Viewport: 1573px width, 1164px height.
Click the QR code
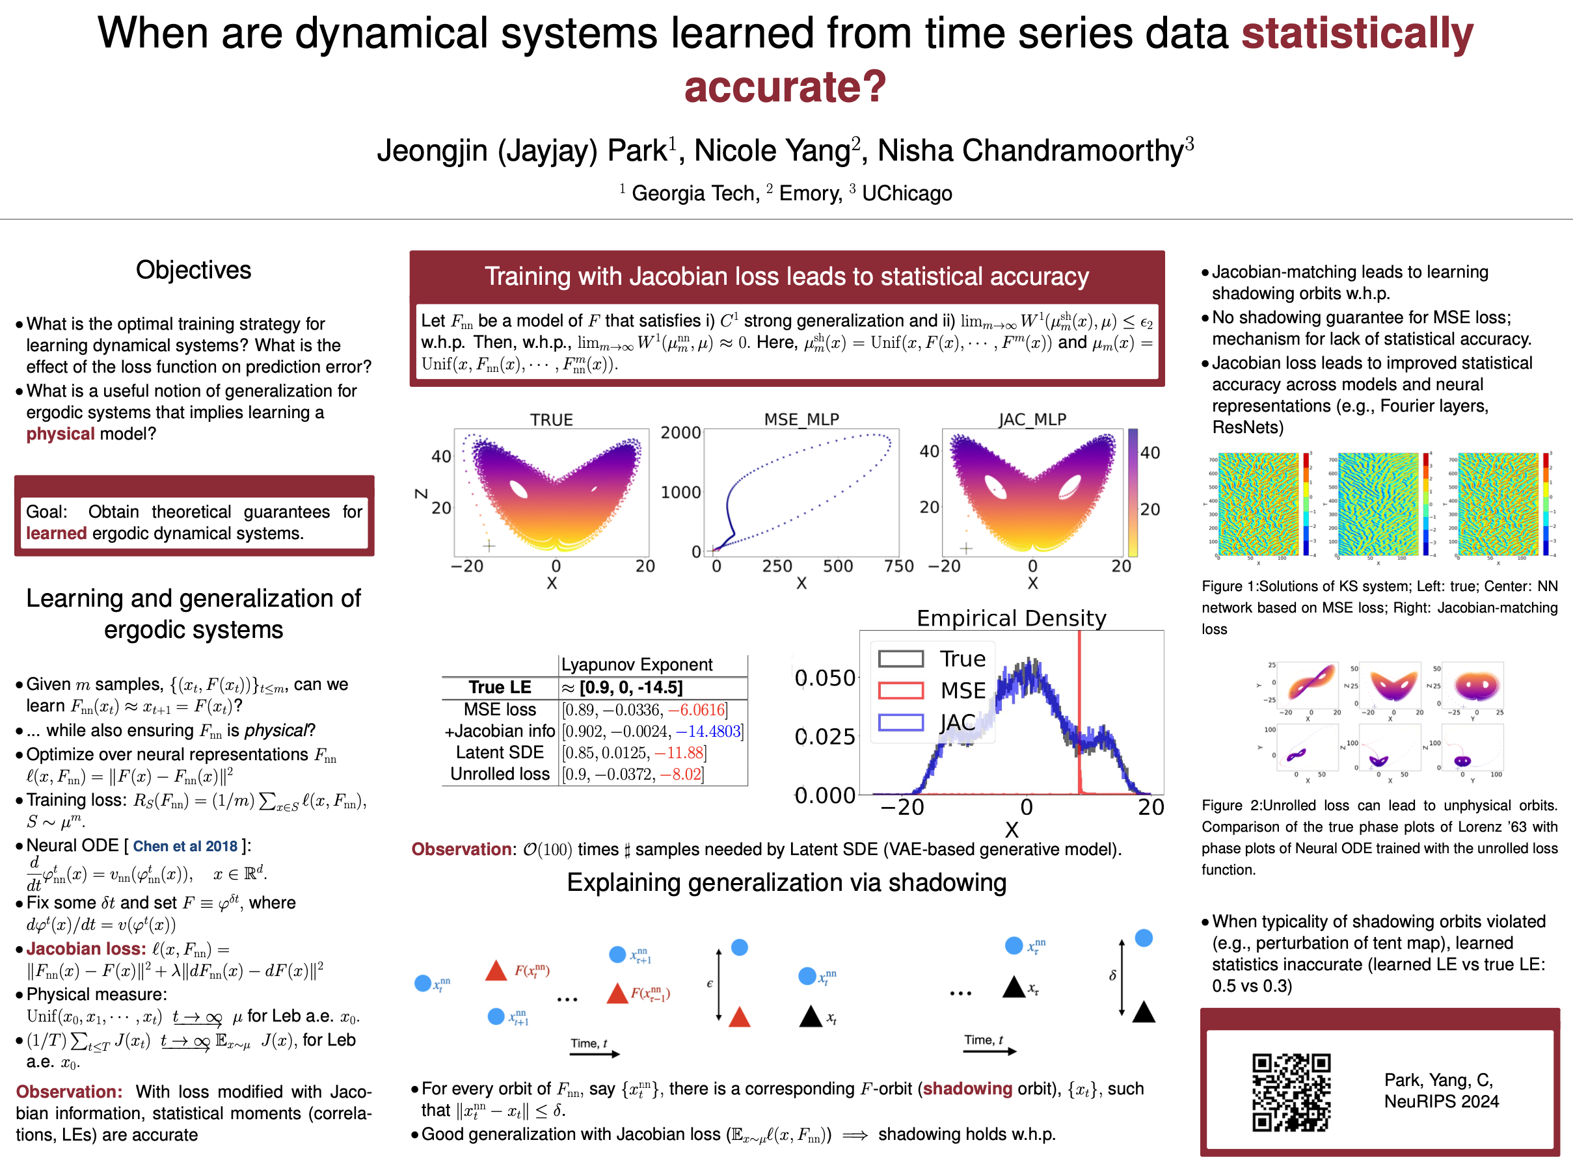click(1291, 1092)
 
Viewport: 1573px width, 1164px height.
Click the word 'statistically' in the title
click(1356, 33)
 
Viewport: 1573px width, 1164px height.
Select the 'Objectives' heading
click(193, 270)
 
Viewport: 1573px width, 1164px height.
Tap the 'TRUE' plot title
click(551, 419)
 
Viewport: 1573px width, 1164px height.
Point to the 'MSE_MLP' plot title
click(801, 419)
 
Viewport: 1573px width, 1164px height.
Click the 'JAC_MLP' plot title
click(1032, 419)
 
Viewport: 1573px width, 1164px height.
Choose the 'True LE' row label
click(500, 687)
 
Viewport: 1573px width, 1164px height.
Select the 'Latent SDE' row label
click(500, 752)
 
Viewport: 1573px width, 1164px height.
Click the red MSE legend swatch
click(900, 691)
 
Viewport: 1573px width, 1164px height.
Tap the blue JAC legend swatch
click(900, 722)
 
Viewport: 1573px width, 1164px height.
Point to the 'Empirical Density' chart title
click(1012, 618)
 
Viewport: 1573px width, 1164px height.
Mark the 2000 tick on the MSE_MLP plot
click(680, 432)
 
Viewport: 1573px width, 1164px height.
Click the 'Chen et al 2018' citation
click(185, 846)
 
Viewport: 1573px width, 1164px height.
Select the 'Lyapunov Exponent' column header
click(636, 665)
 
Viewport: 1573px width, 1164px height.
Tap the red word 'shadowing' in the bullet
click(967, 1089)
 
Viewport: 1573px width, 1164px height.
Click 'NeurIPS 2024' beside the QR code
click(1441, 1102)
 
